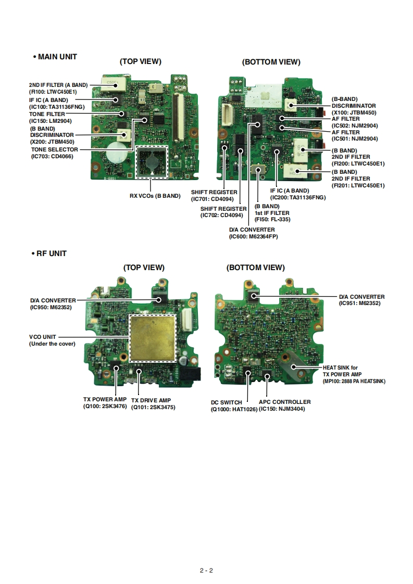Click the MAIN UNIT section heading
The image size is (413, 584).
(x=55, y=56)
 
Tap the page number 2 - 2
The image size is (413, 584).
(x=206, y=570)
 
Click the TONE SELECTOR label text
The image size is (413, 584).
(x=54, y=149)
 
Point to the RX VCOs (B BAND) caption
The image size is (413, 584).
(x=155, y=196)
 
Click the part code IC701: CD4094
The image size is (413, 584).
(x=215, y=199)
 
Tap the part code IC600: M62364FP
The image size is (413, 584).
(x=254, y=236)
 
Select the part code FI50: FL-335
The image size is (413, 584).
(x=272, y=220)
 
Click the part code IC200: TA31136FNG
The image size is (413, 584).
(x=297, y=198)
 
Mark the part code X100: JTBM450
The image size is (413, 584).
(x=354, y=112)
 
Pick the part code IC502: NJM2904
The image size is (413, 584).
(x=355, y=125)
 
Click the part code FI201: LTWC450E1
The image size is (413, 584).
(x=358, y=185)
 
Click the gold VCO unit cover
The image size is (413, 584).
(x=153, y=338)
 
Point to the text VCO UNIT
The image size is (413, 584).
(x=43, y=337)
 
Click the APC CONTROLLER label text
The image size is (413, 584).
(x=284, y=402)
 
